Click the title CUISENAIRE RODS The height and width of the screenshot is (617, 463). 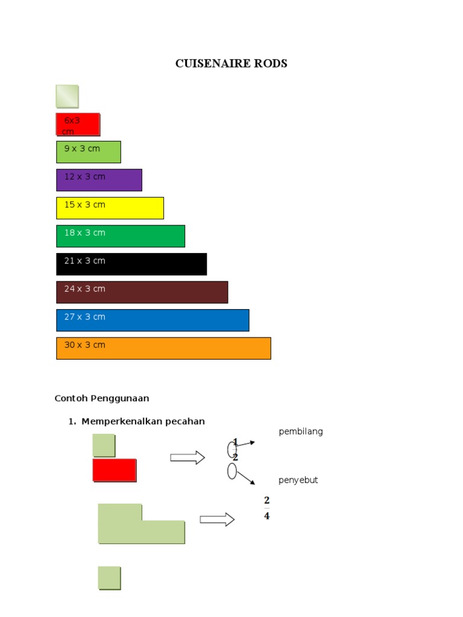(231, 63)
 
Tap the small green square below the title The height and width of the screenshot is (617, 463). (67, 96)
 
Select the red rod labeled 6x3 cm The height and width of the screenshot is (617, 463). (78, 124)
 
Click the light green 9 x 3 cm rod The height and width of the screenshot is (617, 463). (89, 152)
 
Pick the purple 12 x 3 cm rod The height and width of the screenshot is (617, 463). (99, 180)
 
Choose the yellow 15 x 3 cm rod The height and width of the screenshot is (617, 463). (110, 208)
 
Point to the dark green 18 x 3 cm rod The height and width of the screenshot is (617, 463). (121, 236)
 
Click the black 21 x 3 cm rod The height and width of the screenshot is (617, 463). (131, 264)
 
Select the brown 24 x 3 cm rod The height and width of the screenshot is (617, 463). (142, 292)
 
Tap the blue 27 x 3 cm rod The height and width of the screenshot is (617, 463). (153, 320)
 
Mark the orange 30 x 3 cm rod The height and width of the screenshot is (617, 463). (163, 348)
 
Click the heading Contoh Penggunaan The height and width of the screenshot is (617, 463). (102, 398)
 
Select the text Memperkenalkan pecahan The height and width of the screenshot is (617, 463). (143, 421)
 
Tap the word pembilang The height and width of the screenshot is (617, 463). (301, 431)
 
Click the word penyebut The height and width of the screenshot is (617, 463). (298, 480)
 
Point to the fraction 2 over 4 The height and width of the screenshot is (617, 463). (266, 508)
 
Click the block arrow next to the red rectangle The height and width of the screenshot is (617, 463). (187, 458)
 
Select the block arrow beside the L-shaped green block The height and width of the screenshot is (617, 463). (217, 519)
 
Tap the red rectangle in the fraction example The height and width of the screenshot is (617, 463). (115, 470)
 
